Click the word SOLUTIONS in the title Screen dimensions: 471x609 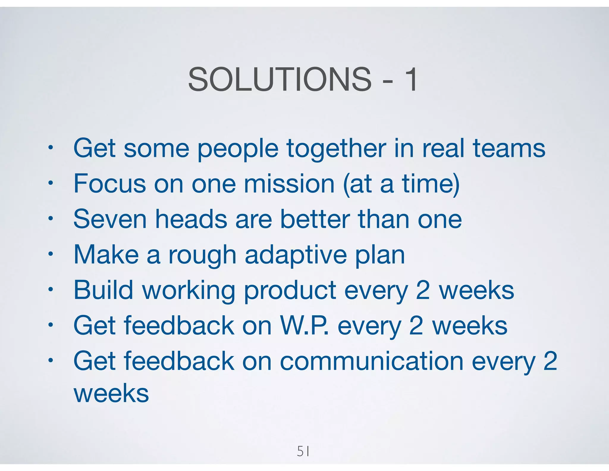point(280,79)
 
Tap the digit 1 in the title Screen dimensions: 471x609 point(411,79)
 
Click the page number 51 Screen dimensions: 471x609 point(303,452)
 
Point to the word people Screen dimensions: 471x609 point(238,149)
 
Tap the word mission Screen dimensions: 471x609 point(289,184)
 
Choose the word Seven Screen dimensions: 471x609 point(110,219)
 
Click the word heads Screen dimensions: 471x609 point(191,219)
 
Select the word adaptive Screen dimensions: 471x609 point(296,255)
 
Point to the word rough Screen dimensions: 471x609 point(202,255)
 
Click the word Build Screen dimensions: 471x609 point(103,290)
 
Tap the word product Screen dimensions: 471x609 point(290,290)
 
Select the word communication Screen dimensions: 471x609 point(372,361)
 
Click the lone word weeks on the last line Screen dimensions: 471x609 point(111,393)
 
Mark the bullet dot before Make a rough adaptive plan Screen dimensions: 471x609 point(51,254)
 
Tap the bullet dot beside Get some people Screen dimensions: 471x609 point(51,148)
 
